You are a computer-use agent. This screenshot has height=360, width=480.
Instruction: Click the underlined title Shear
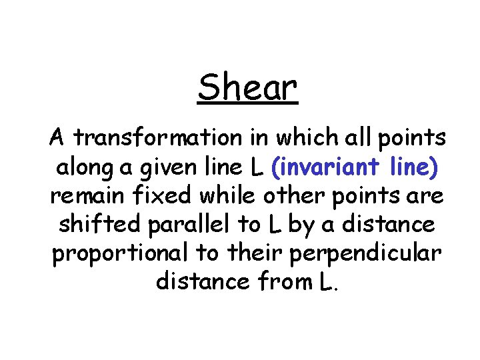pyautogui.click(x=247, y=87)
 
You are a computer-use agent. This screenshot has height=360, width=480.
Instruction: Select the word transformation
pyautogui.click(x=156, y=138)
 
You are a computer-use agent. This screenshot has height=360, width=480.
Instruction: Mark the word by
pyautogui.click(x=301, y=225)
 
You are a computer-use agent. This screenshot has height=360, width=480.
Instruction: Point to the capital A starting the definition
pyautogui.click(x=57, y=138)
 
